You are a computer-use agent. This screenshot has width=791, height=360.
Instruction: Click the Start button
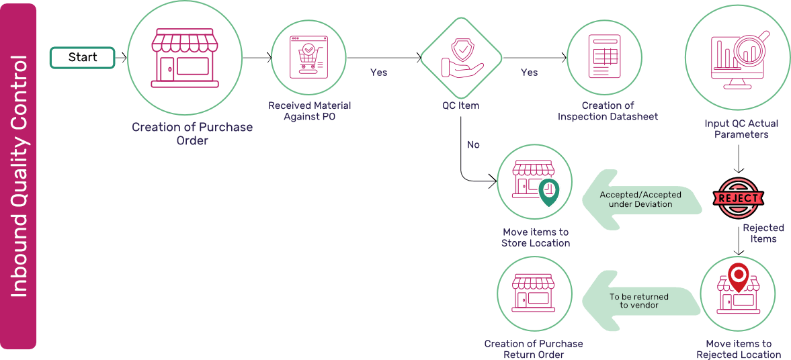click(x=83, y=58)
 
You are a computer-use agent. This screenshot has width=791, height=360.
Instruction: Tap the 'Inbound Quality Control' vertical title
click(x=19, y=177)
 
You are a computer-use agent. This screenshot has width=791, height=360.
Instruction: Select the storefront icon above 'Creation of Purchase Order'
click(x=185, y=58)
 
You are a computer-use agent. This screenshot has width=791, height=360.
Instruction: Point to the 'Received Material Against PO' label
click(x=309, y=111)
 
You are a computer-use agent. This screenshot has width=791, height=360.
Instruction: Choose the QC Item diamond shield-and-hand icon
click(x=461, y=58)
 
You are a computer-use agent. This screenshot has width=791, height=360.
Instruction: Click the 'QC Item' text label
click(x=460, y=106)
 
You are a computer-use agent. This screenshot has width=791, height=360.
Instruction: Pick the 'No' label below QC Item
click(x=473, y=144)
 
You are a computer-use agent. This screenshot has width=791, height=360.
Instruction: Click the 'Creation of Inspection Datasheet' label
click(x=608, y=111)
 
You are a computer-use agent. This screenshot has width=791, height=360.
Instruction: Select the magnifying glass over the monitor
click(x=751, y=48)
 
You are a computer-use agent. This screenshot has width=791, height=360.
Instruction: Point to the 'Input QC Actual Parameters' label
click(x=741, y=129)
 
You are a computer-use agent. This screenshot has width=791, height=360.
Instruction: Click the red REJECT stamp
click(x=738, y=198)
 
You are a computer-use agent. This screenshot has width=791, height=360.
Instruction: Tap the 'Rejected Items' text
click(x=763, y=234)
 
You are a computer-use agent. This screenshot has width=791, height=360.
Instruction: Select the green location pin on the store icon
click(x=549, y=192)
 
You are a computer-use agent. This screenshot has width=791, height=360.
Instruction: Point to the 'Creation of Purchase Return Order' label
click(x=534, y=349)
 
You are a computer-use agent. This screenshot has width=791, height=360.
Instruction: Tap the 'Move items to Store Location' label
click(x=535, y=238)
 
